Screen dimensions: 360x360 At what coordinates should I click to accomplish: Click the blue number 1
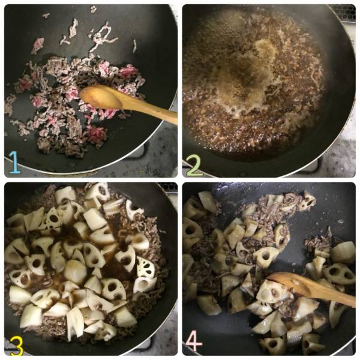click(x=15, y=163)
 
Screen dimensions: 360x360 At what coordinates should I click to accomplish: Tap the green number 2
click(x=194, y=166)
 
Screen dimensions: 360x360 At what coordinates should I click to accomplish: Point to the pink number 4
click(x=194, y=341)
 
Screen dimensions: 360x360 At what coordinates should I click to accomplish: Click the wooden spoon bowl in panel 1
click(x=101, y=97)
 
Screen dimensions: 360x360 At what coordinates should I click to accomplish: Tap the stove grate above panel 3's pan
click(x=168, y=187)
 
